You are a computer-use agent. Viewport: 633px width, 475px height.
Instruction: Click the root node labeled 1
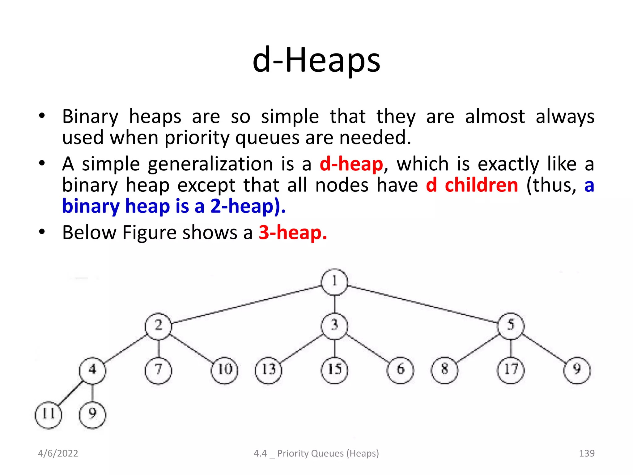tap(334, 282)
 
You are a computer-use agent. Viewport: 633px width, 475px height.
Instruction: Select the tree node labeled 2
tap(158, 326)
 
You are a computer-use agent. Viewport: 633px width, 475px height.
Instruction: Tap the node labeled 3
tap(334, 326)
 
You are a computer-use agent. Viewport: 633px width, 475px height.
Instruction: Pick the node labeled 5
tap(511, 326)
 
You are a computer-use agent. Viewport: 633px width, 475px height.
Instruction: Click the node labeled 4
tap(92, 370)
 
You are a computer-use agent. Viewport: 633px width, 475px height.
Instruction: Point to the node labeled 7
tap(158, 370)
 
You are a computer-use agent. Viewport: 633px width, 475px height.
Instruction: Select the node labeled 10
tap(224, 370)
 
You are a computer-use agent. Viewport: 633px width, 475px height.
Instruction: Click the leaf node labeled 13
tap(268, 370)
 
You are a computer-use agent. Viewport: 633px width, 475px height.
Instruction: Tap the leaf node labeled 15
tap(334, 370)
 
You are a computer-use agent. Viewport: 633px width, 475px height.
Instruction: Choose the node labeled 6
tap(400, 370)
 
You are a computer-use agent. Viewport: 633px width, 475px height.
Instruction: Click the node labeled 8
tap(444, 370)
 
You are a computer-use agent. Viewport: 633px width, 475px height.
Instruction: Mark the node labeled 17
tap(511, 370)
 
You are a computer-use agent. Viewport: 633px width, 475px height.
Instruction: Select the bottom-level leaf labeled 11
tap(48, 415)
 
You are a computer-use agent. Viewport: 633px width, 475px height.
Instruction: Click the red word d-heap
tap(351, 164)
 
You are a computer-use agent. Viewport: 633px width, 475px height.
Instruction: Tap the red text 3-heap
tap(292, 233)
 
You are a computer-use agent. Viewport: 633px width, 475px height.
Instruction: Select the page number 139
tap(586, 453)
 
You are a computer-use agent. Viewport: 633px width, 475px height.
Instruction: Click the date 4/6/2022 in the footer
tap(58, 453)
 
